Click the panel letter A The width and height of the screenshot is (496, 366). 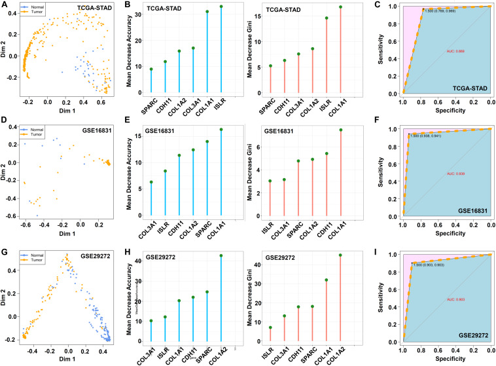pyautogui.click(x=5, y=5)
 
